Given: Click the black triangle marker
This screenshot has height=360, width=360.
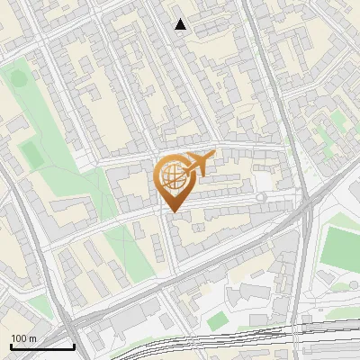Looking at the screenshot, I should coord(181,24).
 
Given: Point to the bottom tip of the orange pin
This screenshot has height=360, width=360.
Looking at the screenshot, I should coord(173,211).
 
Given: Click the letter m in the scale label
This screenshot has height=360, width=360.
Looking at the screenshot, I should coord(32,338).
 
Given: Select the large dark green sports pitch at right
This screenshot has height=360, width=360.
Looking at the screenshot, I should coord(341,245).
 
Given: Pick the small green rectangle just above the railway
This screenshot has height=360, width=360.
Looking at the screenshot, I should coord(217,321).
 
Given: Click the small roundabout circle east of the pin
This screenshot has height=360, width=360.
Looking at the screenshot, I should coord(261,197).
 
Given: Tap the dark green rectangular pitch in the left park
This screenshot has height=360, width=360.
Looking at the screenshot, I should coord(31,154).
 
